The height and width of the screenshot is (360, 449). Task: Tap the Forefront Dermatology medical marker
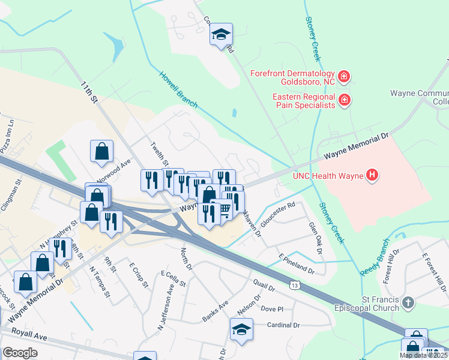tap(344, 77)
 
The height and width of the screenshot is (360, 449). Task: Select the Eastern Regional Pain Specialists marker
tap(344, 100)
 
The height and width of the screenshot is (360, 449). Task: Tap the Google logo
tap(20, 352)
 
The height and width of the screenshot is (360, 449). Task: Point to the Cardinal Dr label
tap(283, 325)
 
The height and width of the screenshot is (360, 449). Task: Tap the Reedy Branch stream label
tap(375, 257)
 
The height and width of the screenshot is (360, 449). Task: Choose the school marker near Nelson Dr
tap(241, 329)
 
